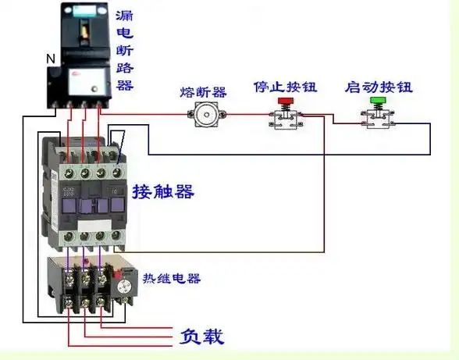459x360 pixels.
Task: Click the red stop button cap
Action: [286, 101]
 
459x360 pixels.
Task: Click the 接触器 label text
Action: [163, 191]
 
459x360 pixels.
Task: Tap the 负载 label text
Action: [201, 337]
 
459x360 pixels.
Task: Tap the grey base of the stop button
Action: [286, 119]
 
